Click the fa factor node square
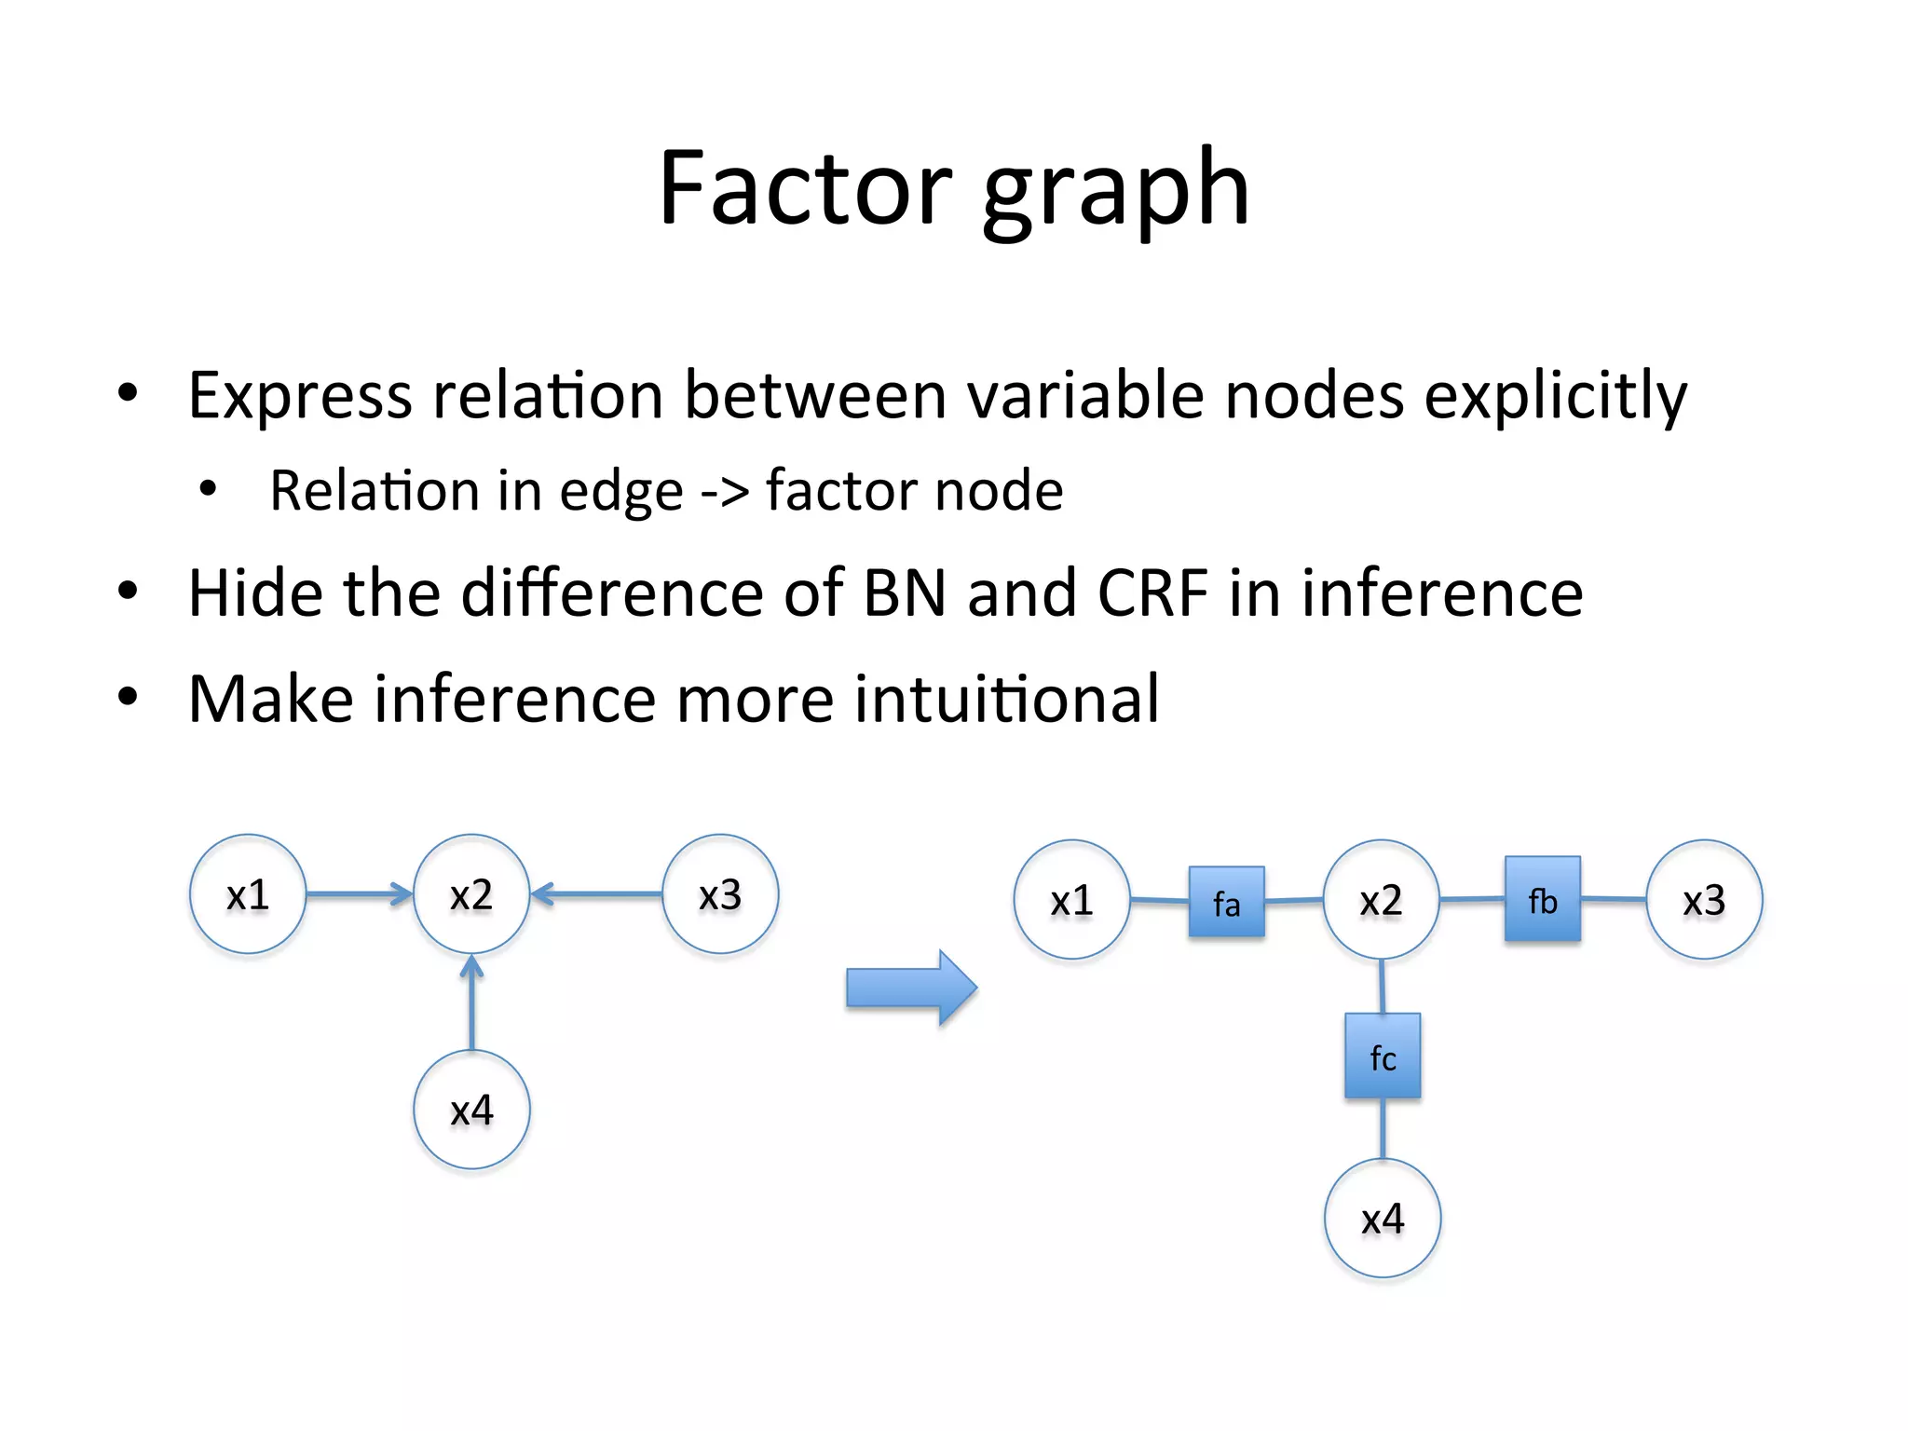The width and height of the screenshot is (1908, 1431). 1226,901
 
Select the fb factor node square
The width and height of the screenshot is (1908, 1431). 1542,898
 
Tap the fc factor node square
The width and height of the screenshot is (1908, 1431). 1383,1056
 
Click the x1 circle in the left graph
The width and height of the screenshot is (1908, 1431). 248,893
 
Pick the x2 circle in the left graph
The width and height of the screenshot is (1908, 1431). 471,893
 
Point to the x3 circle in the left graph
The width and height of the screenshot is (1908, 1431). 720,893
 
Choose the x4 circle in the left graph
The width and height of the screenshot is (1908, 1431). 471,1110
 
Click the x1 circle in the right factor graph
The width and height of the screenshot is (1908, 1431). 1071,900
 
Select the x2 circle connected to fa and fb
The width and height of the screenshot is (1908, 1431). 1381,900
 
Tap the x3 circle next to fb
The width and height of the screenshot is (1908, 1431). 1704,900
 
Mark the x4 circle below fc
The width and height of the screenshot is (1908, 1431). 1383,1218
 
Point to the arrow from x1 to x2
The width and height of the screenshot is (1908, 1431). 359,894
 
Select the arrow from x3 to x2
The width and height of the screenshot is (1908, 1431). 596,894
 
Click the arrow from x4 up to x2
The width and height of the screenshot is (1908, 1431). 472,1002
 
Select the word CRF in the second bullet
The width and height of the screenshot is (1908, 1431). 1152,593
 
